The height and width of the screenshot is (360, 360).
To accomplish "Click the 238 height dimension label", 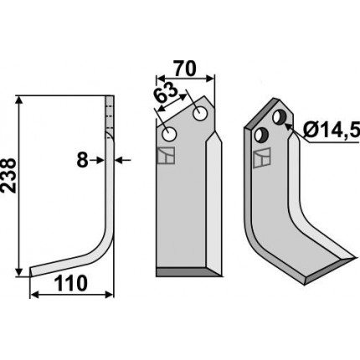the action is click(8, 176).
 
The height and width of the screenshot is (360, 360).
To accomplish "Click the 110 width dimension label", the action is click(70, 283).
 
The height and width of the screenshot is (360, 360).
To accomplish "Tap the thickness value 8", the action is click(82, 161).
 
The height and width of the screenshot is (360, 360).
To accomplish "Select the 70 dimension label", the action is click(185, 69).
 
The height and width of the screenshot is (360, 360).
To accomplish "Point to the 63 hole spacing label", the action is click(166, 93).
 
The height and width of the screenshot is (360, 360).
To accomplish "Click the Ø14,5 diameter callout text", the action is click(332, 130).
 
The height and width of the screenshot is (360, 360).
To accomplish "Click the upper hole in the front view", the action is click(200, 114).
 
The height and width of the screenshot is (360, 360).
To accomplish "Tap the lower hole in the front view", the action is click(169, 135).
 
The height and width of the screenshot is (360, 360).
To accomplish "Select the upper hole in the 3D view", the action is click(279, 117).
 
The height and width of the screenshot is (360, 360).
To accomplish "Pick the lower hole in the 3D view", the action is click(261, 135).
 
